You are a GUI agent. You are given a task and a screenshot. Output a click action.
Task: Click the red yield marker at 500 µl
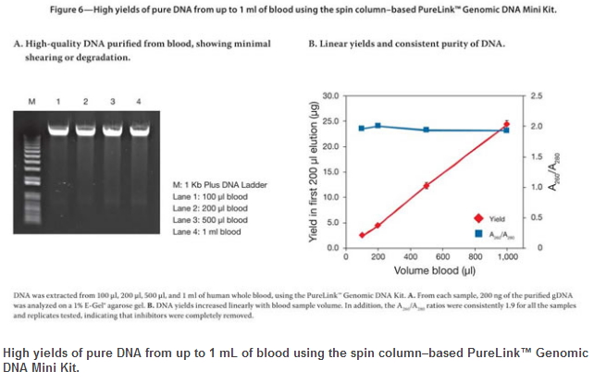(427, 186)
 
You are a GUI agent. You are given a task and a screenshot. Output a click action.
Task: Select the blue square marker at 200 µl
(377, 125)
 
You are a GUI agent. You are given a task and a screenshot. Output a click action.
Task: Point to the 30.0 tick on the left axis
(329, 95)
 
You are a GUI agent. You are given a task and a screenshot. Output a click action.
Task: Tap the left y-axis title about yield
(312, 171)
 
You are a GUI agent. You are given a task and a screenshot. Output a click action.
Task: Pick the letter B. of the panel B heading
(312, 43)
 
